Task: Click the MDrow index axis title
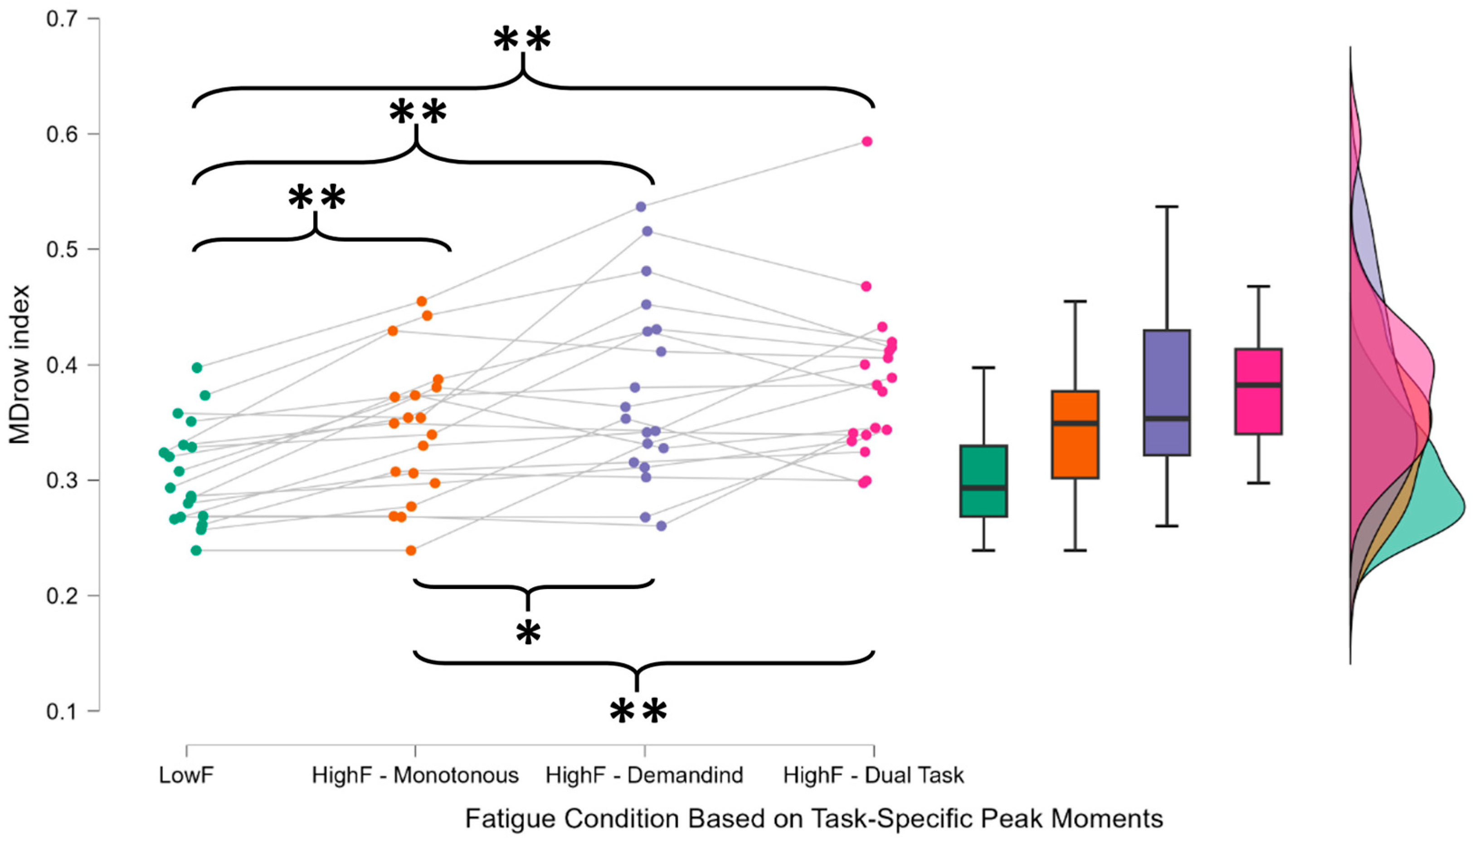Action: (x=20, y=365)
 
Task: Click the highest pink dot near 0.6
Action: (x=867, y=141)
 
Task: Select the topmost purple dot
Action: (x=641, y=207)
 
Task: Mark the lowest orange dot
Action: (x=411, y=550)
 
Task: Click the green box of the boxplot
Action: (x=983, y=481)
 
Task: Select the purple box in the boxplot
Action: (x=1167, y=393)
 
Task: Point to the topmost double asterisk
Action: (x=522, y=40)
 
